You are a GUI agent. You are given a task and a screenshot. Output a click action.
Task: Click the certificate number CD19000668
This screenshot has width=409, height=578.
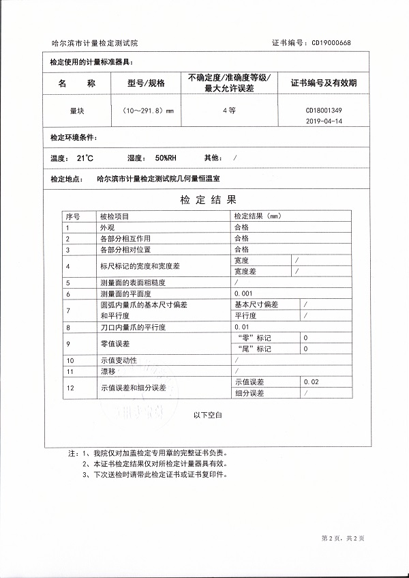pos(331,42)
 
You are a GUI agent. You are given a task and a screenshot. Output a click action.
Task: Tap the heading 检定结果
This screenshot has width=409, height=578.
pos(209,200)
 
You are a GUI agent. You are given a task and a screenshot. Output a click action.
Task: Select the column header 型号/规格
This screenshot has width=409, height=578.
pos(146,83)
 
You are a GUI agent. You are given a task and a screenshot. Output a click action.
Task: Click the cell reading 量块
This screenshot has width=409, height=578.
pos(76,109)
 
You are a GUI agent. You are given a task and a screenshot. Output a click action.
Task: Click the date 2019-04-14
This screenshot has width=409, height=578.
pos(324,120)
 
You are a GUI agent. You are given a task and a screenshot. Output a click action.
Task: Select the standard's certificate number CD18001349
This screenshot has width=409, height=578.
pos(324,110)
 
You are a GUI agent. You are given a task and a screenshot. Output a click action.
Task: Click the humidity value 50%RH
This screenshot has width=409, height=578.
pos(166,158)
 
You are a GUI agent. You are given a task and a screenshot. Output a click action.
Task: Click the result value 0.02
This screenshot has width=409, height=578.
pos(310,382)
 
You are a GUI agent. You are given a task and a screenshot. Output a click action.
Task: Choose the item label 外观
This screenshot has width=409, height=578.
pos(106,227)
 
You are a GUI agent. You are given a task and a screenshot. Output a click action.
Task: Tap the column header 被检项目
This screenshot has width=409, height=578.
pos(113,216)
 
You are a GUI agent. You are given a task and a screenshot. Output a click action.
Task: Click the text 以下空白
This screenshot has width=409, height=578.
pos(208,414)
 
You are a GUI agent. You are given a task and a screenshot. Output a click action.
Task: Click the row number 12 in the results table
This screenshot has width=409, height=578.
pos(69,388)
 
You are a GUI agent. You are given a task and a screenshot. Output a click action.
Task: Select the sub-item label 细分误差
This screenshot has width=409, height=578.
pos(249,393)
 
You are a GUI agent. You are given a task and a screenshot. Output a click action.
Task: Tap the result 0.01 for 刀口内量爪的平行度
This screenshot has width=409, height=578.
pos(241,328)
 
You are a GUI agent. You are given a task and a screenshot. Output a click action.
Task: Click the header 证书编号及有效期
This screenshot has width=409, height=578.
pos(324,83)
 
